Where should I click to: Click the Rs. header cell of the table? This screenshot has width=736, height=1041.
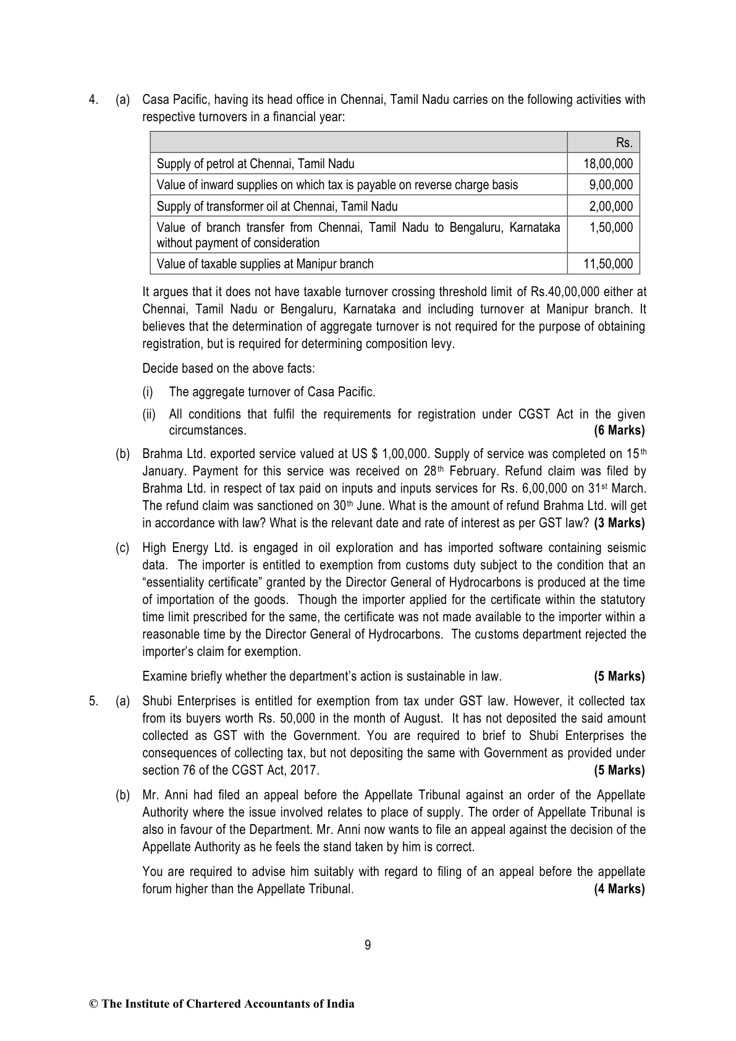[x=624, y=143]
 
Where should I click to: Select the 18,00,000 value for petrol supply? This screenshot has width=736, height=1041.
[x=608, y=164]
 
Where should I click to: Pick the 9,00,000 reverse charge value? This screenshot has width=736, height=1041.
[x=611, y=185]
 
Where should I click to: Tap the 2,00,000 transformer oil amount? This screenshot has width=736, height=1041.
[x=611, y=206]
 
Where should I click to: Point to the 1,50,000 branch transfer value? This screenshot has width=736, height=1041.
[x=611, y=227]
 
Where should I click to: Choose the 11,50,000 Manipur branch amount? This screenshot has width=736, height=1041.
[x=608, y=264]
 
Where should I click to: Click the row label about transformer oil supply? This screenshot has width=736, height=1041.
[x=277, y=206]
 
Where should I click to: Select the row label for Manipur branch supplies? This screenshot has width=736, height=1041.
[x=265, y=264]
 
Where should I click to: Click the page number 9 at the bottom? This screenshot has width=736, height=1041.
[x=368, y=945]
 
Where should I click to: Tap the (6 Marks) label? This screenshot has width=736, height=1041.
[x=619, y=430]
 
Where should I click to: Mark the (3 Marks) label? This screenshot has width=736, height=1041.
[x=619, y=523]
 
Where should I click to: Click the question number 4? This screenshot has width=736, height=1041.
[x=93, y=100]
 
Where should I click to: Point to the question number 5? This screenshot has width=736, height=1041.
[x=93, y=701]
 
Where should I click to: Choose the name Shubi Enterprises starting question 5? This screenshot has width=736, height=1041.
[x=189, y=701]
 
